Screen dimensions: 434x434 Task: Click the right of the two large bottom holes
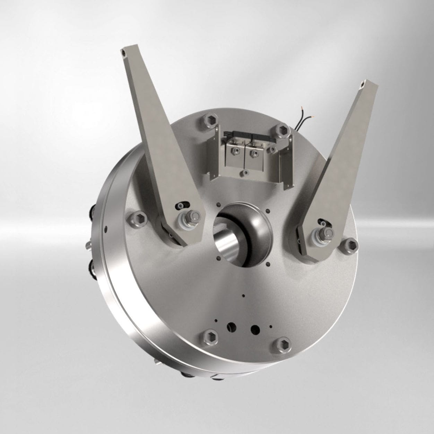(x=255, y=328)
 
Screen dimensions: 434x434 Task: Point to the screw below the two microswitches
(x=245, y=172)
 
